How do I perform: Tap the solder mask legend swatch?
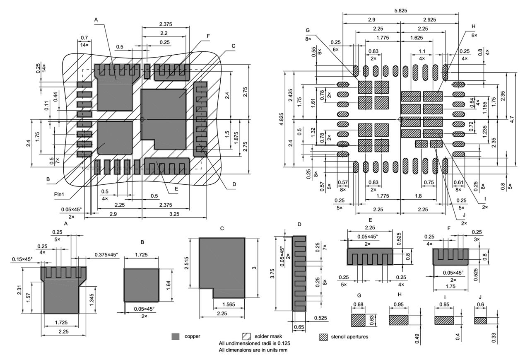(x=247, y=336)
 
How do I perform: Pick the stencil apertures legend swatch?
(x=323, y=337)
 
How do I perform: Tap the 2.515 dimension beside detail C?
(x=187, y=263)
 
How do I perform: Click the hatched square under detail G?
(x=359, y=320)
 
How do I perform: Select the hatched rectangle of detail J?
(x=480, y=321)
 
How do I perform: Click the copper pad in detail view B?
(x=141, y=285)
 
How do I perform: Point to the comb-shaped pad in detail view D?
(x=299, y=273)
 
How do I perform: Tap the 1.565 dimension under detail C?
(x=229, y=304)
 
